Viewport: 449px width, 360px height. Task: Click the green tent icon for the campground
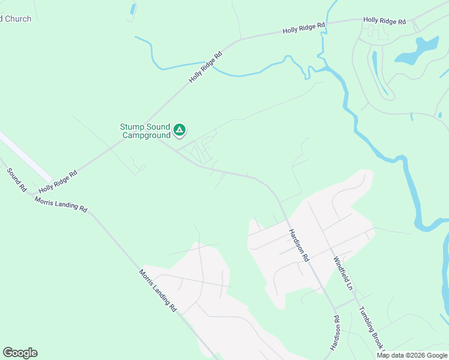pos(179,129)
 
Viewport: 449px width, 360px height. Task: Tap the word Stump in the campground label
pos(131,127)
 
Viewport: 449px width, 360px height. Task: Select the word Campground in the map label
pos(146,136)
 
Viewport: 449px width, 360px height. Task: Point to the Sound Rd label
pos(17,179)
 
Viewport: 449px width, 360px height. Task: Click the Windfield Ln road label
pos(343,274)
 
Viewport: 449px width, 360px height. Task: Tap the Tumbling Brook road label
pos(370,328)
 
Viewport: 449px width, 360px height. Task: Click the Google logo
pos(20,353)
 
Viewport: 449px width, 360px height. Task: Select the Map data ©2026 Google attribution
pos(412,355)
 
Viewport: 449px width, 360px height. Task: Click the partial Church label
pos(16,19)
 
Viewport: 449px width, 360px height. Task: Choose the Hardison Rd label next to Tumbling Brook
pos(335,333)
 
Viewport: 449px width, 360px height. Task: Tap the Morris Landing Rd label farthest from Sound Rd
pos(158,290)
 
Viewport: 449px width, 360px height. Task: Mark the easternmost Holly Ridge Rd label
pos(385,21)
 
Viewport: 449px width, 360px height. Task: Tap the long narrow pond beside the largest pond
pos(376,69)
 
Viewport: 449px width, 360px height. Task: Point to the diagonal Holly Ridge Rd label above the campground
pos(206,67)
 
